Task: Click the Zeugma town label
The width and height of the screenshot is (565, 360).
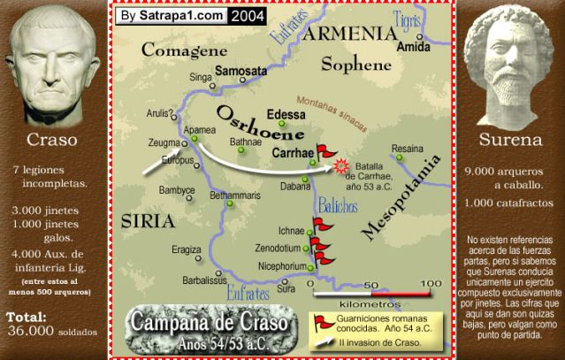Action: coord(162,141)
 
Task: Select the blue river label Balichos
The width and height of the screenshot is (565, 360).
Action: coord(340,206)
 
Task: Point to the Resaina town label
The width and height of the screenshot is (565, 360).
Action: coord(408,147)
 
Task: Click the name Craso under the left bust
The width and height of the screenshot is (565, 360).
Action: coord(53,140)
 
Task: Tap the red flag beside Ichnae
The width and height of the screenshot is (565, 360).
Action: coord(318,226)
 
